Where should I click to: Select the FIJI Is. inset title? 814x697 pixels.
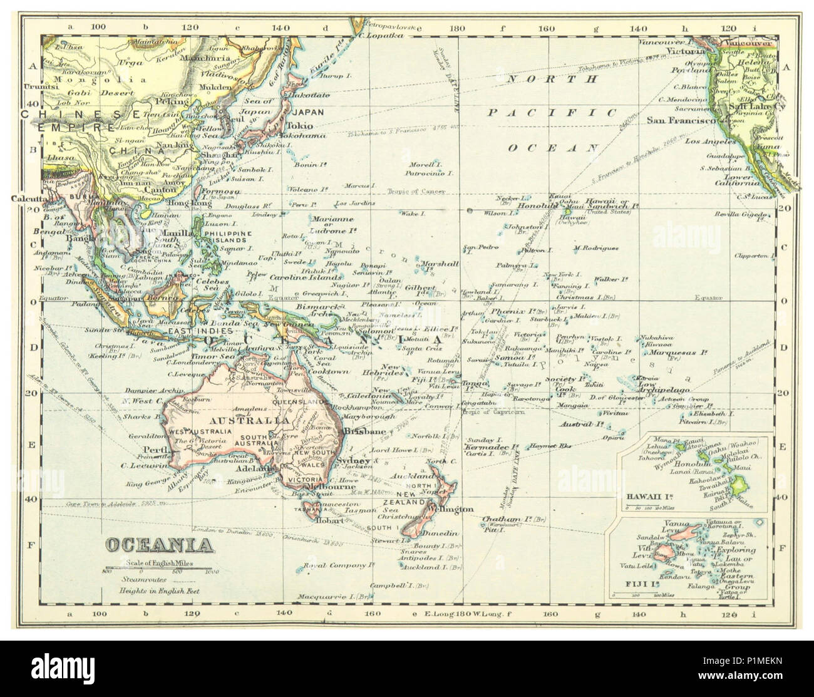(x=635, y=583)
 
